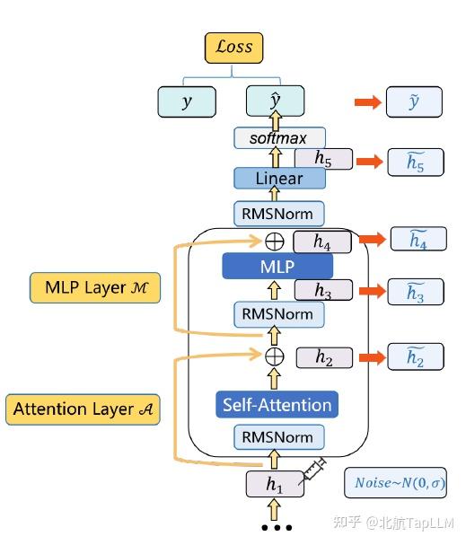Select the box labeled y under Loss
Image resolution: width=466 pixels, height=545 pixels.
187,101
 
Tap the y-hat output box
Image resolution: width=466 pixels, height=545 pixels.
276,101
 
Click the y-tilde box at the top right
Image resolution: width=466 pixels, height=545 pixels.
414,101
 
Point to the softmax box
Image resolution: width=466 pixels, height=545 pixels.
278,138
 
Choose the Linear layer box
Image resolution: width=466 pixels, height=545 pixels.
279,178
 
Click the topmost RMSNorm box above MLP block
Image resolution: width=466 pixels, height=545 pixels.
279,213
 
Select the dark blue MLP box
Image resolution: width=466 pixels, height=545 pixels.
277,266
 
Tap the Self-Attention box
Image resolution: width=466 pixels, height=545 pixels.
277,405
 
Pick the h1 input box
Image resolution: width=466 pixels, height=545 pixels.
275,483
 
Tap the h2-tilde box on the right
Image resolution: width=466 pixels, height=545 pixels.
415,356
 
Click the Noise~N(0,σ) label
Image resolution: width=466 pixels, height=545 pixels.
394,483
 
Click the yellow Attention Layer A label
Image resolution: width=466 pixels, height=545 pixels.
83,409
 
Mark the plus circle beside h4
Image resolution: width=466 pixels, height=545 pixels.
275,241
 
